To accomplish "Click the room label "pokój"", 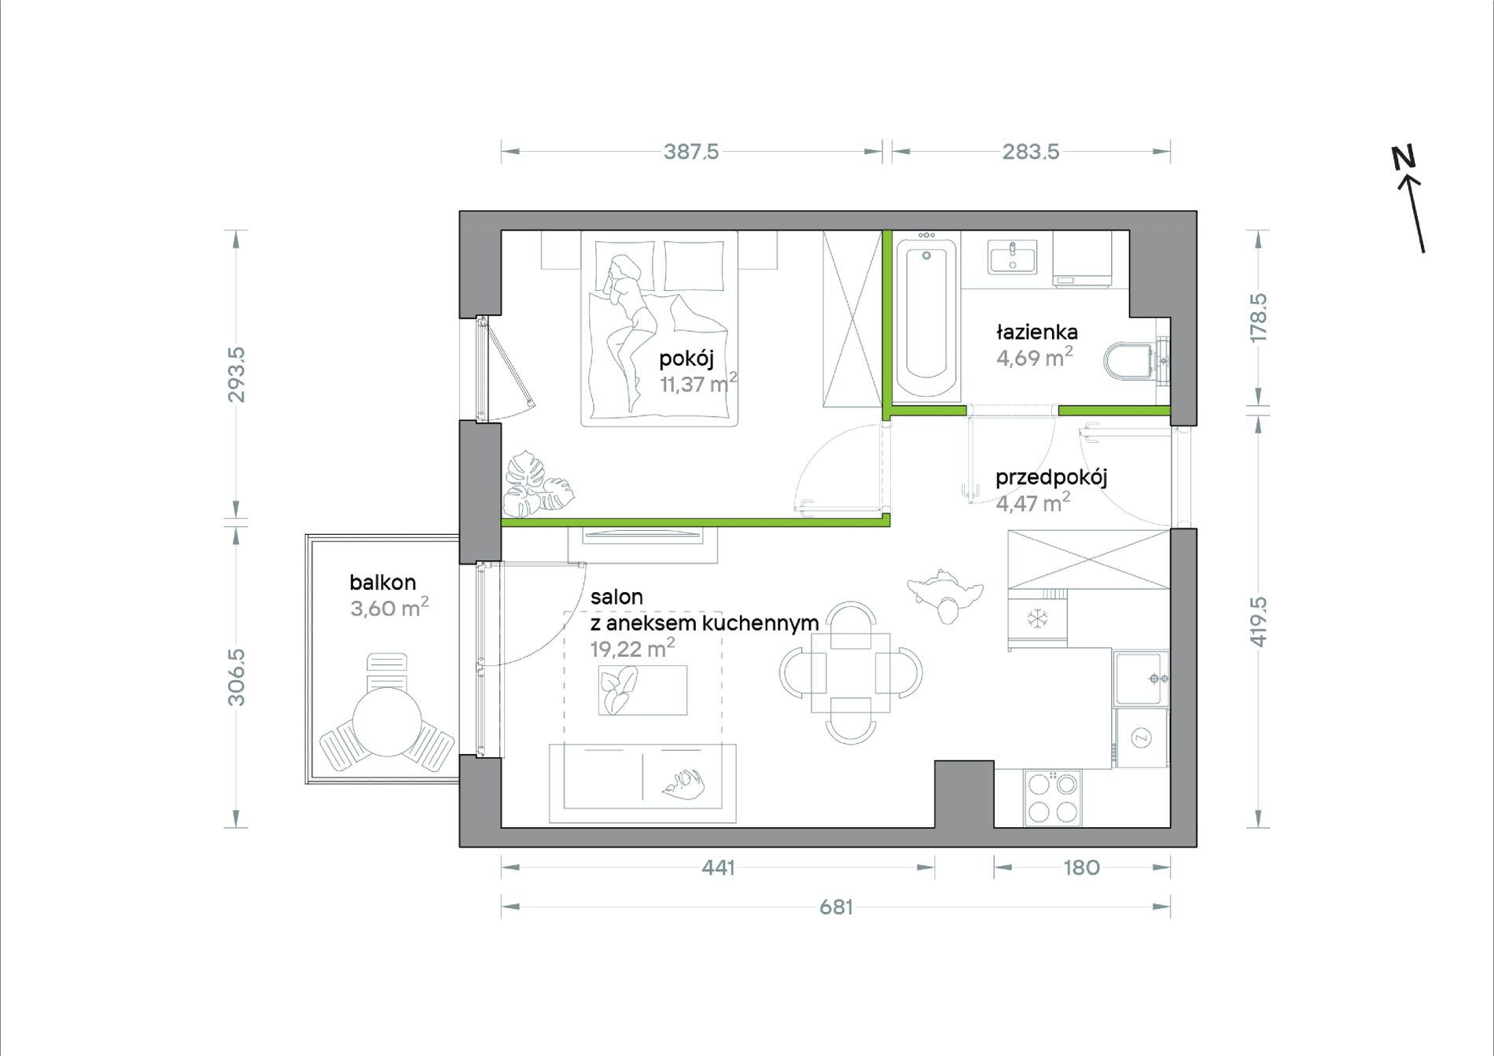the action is (x=686, y=359).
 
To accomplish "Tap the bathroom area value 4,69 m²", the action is (x=1034, y=358).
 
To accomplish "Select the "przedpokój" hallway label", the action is (x=1051, y=477).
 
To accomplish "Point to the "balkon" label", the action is (x=383, y=583).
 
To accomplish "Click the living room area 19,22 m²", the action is (x=632, y=649).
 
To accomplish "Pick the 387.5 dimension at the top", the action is (x=691, y=152).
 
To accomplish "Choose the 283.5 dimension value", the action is (x=1031, y=152).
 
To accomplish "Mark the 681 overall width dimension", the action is (x=836, y=907).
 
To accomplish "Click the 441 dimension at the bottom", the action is (x=718, y=868).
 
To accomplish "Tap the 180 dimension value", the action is (x=1081, y=868).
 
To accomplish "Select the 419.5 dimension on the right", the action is (x=1259, y=622).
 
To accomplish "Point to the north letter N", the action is (x=1403, y=158).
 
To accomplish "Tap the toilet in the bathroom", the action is (x=1133, y=361).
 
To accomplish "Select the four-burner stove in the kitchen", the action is (x=1053, y=798).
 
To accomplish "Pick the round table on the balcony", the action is (x=387, y=722).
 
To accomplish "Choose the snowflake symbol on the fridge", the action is (x=1038, y=620).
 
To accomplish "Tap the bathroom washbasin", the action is (x=1012, y=257).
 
